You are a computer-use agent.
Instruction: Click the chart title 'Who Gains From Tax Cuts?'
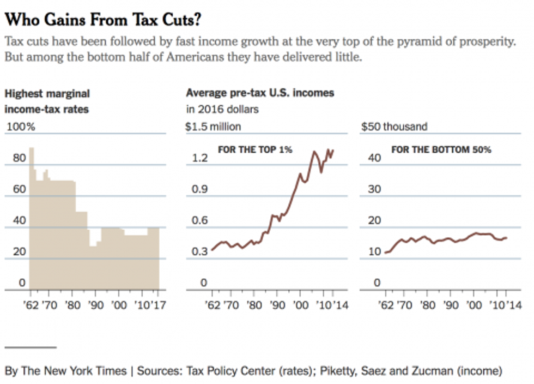pyautogui.click(x=104, y=20)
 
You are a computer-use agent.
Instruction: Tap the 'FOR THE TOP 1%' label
pyautogui.click(x=255, y=149)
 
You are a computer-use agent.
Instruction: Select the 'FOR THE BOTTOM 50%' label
pyautogui.click(x=441, y=149)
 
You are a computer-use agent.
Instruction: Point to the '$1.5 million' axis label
pyautogui.click(x=213, y=127)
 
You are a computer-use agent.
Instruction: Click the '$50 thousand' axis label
pyautogui.click(x=394, y=127)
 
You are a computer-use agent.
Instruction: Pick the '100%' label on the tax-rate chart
pyautogui.click(x=21, y=127)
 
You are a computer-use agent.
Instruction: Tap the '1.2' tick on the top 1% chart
pyautogui.click(x=200, y=158)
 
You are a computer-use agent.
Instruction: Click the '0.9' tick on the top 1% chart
pyautogui.click(x=200, y=189)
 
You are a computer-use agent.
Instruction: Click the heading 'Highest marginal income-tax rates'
pyautogui.click(x=47, y=101)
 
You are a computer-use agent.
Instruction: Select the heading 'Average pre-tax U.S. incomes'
pyautogui.click(x=260, y=93)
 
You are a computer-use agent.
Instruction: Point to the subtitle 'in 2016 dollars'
pyautogui.click(x=222, y=109)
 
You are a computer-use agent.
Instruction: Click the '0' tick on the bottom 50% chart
pyautogui.click(x=376, y=283)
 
